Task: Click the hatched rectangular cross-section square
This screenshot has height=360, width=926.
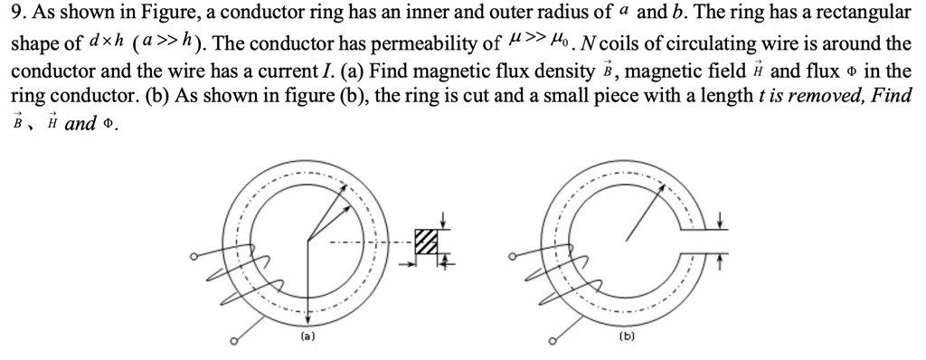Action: pos(426,242)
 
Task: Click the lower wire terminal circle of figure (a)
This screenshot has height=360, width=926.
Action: pos(234,341)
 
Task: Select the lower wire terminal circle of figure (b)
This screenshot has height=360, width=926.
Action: pos(553,341)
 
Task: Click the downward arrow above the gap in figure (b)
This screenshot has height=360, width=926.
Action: pos(721,220)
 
